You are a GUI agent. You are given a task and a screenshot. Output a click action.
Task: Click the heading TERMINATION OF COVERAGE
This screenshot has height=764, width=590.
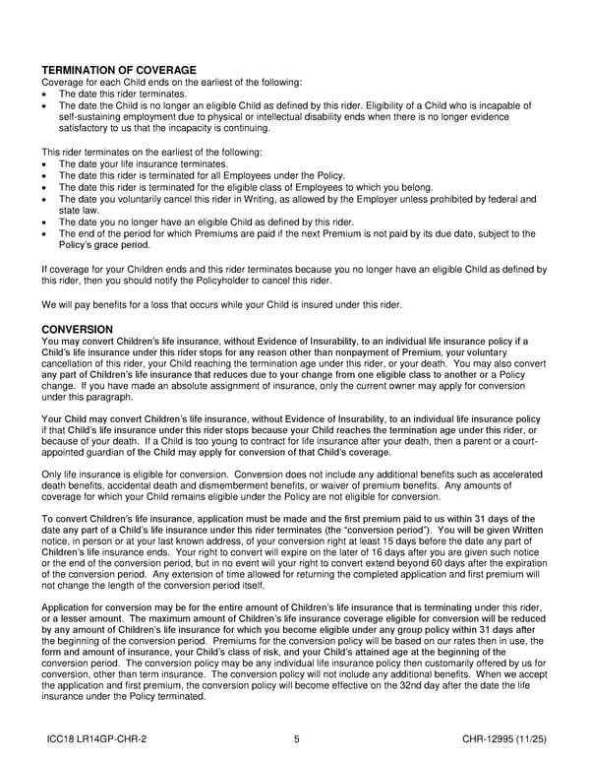coord(119,70)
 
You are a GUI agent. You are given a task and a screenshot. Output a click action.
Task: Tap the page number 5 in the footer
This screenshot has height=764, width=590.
coord(296,737)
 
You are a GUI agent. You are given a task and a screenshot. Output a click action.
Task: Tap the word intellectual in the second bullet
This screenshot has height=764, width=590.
coord(289,116)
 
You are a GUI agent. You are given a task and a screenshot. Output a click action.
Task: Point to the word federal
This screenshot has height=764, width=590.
coord(500,200)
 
